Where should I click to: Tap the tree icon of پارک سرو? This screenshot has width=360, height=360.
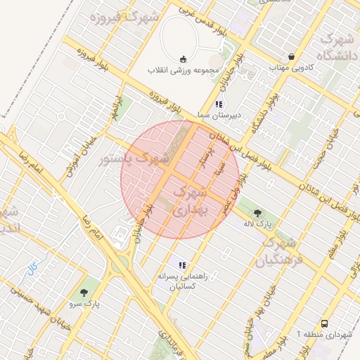pyautogui.click(x=85, y=293)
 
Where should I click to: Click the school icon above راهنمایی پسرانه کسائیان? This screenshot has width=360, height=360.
pyautogui.click(x=182, y=265)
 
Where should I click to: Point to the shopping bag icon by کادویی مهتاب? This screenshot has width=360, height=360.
pyautogui.click(x=291, y=57)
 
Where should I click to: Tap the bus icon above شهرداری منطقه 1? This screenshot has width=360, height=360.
pyautogui.click(x=324, y=323)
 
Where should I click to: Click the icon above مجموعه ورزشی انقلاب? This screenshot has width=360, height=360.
pyautogui.click(x=184, y=59)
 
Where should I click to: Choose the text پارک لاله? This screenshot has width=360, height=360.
pyautogui.click(x=257, y=224)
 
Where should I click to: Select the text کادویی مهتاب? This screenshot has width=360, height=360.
pyautogui.click(x=290, y=68)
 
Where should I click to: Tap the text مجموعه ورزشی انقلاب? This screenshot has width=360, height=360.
pyautogui.click(x=184, y=70)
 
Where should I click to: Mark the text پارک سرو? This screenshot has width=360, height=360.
pyautogui.click(x=85, y=305)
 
